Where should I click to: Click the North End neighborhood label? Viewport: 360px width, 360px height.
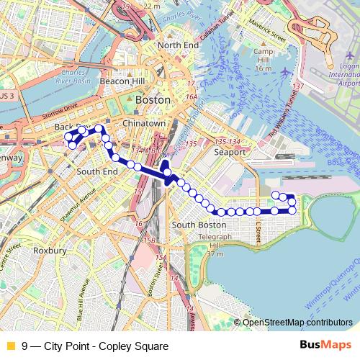[177, 45]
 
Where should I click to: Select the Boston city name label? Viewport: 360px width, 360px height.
[153, 100]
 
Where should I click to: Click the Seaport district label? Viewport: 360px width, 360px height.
[230, 153]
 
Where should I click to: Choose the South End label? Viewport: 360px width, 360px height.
[97, 172]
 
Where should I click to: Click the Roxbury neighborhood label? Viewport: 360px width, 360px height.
[50, 251]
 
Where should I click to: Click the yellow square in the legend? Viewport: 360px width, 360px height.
[11, 346]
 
